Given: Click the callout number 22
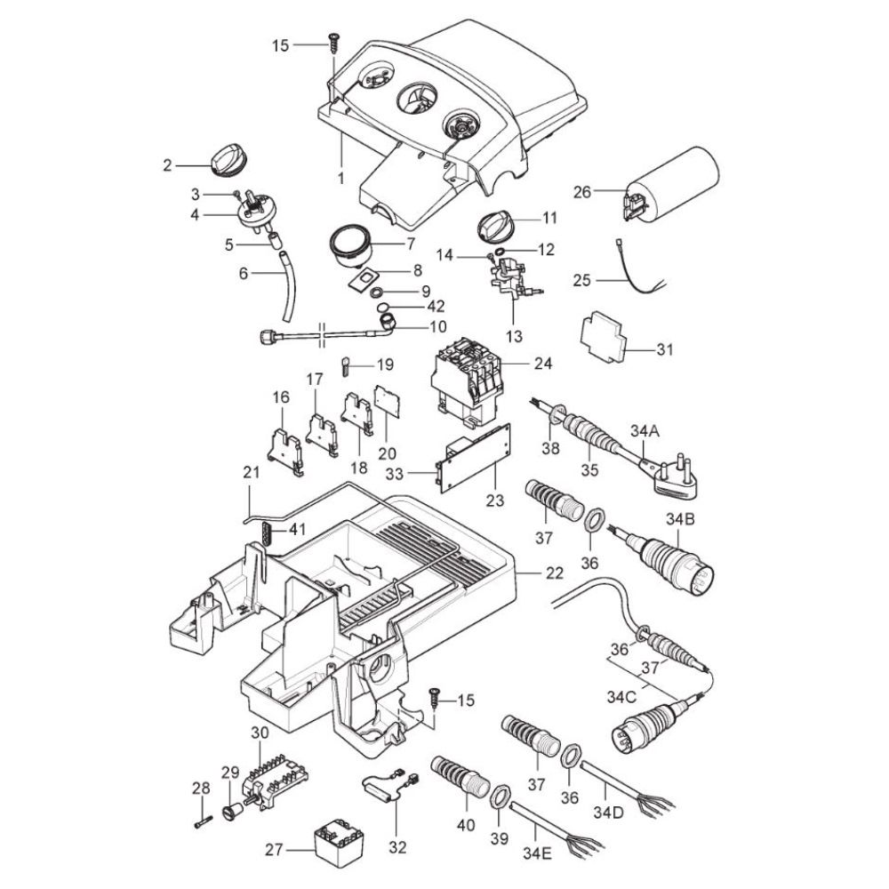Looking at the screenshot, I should [x=555, y=574].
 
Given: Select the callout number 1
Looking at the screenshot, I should [x=340, y=178].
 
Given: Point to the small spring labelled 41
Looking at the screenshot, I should [x=265, y=534].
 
